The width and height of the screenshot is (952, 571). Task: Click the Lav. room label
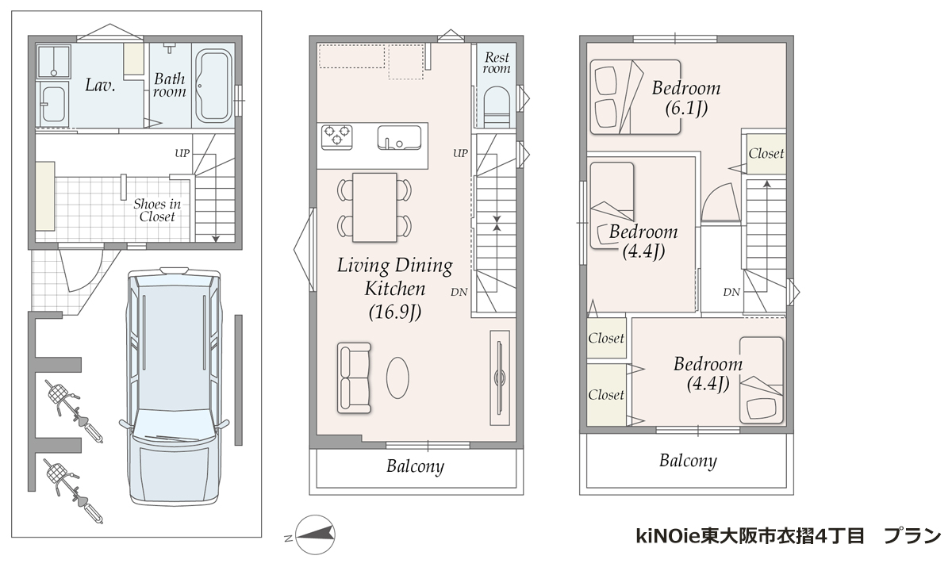[100, 85]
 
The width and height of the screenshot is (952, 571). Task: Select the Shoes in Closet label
[157, 210]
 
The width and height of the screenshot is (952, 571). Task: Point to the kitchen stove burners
[336, 136]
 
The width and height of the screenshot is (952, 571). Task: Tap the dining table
[374, 207]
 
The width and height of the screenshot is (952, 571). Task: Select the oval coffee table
[397, 377]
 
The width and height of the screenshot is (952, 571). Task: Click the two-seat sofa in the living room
[354, 378]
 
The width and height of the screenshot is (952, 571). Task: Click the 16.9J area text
[395, 312]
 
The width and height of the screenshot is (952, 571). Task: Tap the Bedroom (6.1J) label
[686, 98]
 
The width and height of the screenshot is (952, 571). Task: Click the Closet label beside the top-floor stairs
[766, 153]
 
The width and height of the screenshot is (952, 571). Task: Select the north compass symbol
[315, 535]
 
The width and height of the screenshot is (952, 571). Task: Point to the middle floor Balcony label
[415, 466]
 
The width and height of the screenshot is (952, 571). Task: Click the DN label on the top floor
[731, 293]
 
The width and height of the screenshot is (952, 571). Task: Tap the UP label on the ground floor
[182, 153]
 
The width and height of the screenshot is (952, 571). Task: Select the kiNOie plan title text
[789, 536]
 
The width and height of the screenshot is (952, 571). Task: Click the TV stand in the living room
[500, 377]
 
